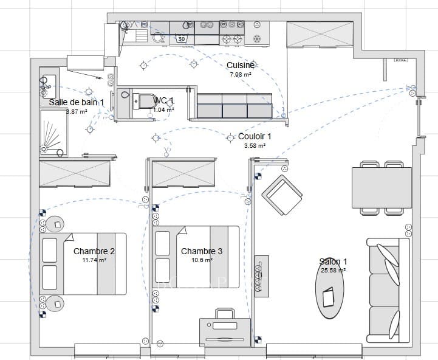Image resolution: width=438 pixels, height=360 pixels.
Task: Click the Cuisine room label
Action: [x=241, y=66]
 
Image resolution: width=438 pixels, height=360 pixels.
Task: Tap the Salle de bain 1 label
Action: [x=77, y=103]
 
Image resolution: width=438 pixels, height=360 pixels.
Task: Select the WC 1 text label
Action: [x=163, y=100]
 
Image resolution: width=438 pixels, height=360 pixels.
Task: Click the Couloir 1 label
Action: [x=255, y=137]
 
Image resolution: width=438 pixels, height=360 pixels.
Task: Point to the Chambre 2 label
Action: [x=94, y=251]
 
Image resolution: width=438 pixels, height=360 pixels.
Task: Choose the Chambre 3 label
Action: [x=202, y=251]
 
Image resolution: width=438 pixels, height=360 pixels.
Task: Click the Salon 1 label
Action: [x=333, y=261]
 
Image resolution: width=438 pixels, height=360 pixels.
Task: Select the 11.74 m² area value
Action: [x=95, y=260]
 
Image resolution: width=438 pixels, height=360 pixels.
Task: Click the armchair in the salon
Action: [x=282, y=195]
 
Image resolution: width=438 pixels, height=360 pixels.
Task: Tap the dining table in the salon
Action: [x=382, y=187]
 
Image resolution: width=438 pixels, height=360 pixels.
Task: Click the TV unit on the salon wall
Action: [x=262, y=276]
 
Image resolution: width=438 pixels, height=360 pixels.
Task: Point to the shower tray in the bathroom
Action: [x=51, y=134]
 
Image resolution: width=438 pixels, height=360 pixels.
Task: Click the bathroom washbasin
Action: [x=47, y=88]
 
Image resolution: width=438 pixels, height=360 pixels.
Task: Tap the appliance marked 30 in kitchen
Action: [x=182, y=39]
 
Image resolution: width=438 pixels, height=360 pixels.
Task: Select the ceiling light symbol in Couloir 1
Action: [x=230, y=138]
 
